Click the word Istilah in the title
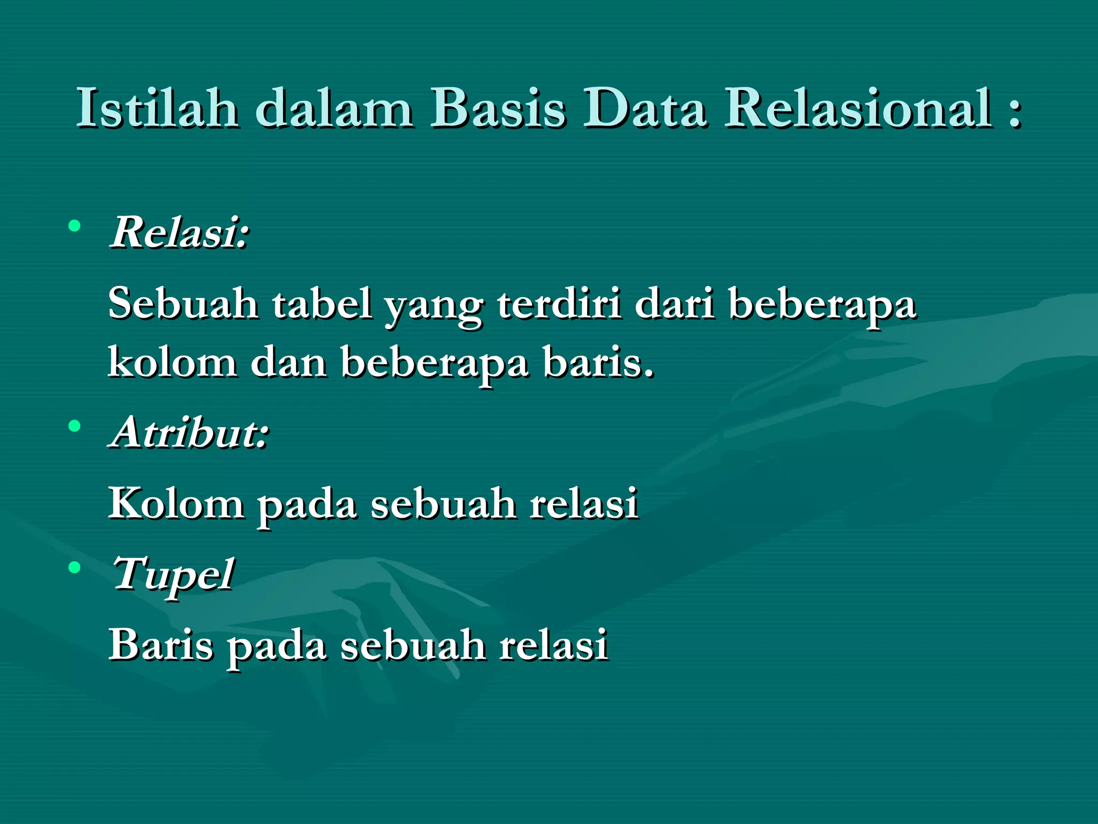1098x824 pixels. (157, 108)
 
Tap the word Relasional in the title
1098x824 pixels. (858, 108)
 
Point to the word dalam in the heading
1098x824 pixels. (334, 108)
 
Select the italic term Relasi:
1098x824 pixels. (180, 232)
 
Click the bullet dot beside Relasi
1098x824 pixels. (75, 226)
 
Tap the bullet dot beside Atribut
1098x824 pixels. (75, 426)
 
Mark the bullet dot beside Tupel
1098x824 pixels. (75, 567)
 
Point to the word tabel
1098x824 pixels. (322, 304)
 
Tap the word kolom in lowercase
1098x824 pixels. (173, 362)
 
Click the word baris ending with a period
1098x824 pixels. (598, 362)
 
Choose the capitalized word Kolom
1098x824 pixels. (176, 504)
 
